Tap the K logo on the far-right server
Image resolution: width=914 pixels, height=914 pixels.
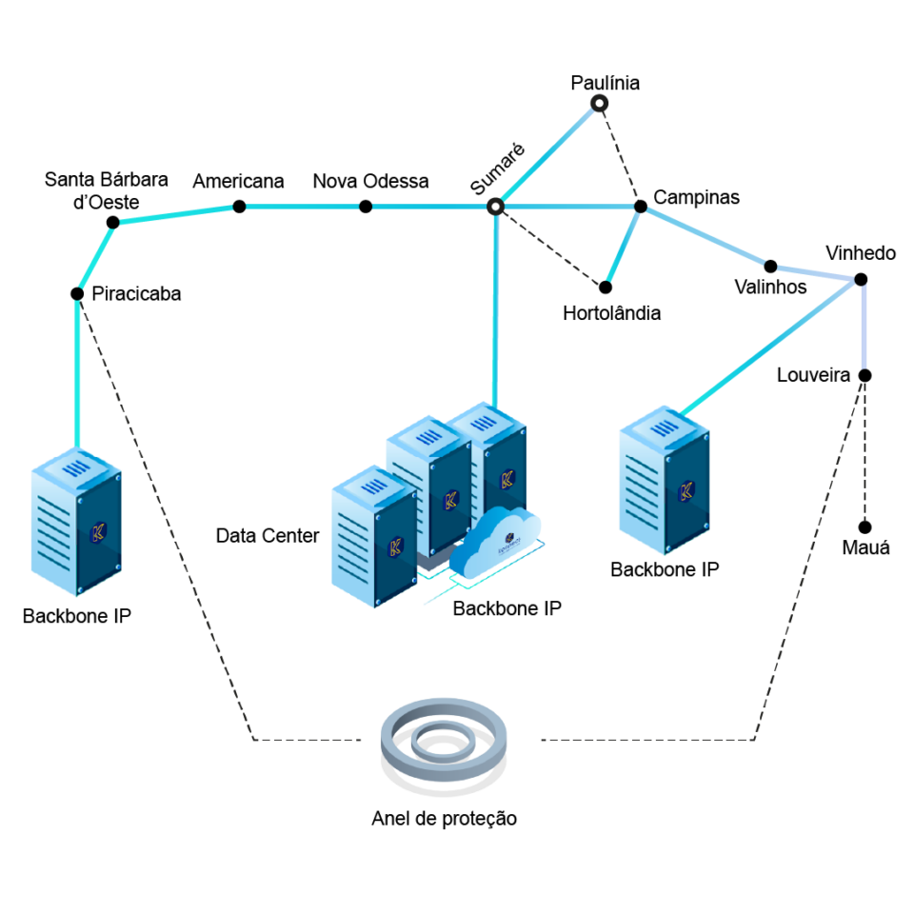[x=685, y=491]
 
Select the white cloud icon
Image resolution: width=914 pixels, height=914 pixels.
[x=495, y=546]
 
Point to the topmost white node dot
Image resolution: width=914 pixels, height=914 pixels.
[x=599, y=102]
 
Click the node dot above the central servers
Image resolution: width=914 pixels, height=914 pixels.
[x=494, y=206]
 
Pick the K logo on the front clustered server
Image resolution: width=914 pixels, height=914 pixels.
[x=396, y=546]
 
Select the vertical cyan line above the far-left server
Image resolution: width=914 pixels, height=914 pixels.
[x=78, y=371]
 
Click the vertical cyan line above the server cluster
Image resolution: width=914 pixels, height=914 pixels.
[x=495, y=305]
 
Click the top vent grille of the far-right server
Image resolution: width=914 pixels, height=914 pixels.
[x=663, y=429]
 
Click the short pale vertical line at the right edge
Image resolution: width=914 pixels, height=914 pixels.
[x=864, y=324]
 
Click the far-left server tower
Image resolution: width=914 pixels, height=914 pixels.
[x=75, y=524]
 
